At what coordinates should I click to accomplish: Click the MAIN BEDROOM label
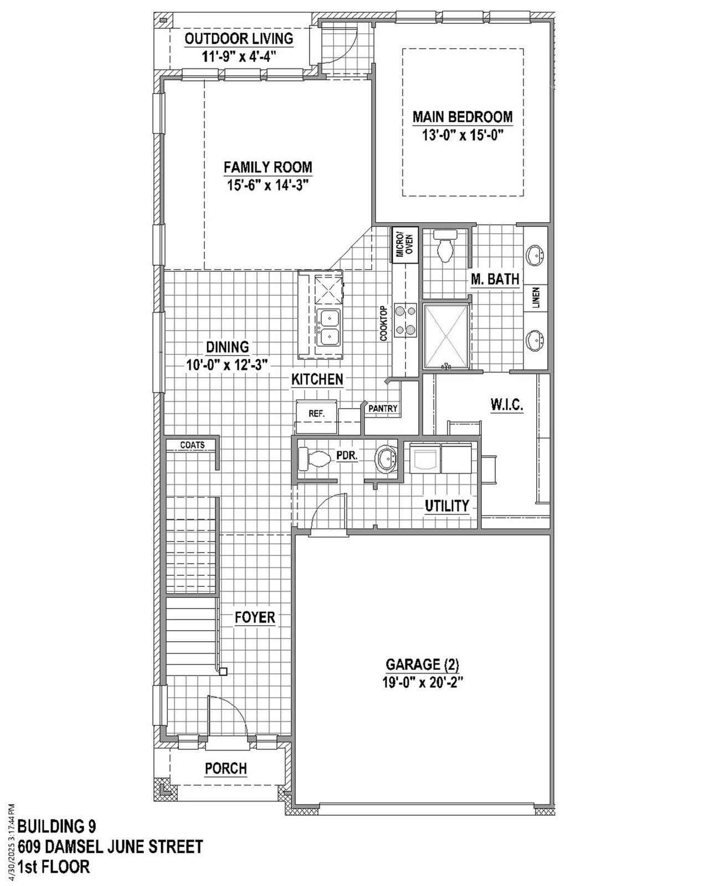click(x=463, y=117)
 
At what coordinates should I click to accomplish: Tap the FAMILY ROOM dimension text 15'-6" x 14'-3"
click(x=268, y=185)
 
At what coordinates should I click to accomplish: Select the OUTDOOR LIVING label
click(x=239, y=39)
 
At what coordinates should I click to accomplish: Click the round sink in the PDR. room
click(x=386, y=459)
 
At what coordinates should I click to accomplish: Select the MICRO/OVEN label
click(x=404, y=245)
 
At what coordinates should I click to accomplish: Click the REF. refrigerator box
click(x=316, y=414)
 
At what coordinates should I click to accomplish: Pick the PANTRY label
click(x=383, y=409)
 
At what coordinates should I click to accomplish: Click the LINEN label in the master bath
click(x=536, y=298)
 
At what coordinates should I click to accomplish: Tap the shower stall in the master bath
click(x=445, y=336)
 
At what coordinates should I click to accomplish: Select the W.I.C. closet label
click(x=506, y=405)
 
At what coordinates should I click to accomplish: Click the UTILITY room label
click(x=446, y=505)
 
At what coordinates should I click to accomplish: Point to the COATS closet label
click(x=192, y=445)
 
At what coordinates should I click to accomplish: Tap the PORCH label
click(x=225, y=768)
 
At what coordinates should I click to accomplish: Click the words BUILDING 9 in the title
click(x=56, y=827)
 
